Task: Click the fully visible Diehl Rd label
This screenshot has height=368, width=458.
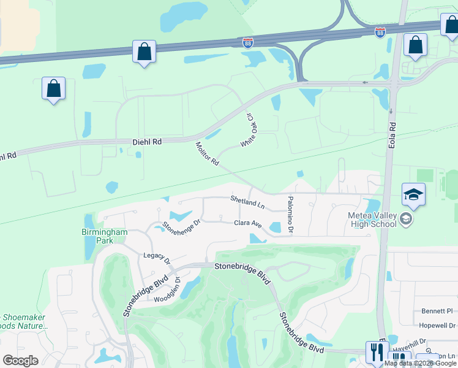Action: coord(147,142)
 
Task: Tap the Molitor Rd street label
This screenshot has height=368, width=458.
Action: coord(207,154)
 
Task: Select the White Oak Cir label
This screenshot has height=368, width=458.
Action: coord(248,131)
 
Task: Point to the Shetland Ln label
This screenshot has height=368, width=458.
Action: coord(247,199)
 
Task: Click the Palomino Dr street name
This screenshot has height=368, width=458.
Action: coord(290,215)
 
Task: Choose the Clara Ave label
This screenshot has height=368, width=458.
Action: coord(248,224)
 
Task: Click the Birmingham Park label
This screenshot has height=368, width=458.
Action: coord(104,236)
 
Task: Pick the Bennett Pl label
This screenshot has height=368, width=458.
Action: coord(437,311)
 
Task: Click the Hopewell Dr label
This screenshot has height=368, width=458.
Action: coord(437,325)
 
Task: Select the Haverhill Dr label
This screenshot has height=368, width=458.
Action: coord(422,341)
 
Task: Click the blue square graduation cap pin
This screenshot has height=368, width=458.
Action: coord(413,195)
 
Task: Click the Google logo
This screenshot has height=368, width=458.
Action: coord(20,361)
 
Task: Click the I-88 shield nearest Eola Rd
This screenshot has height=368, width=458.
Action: coord(380,31)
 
